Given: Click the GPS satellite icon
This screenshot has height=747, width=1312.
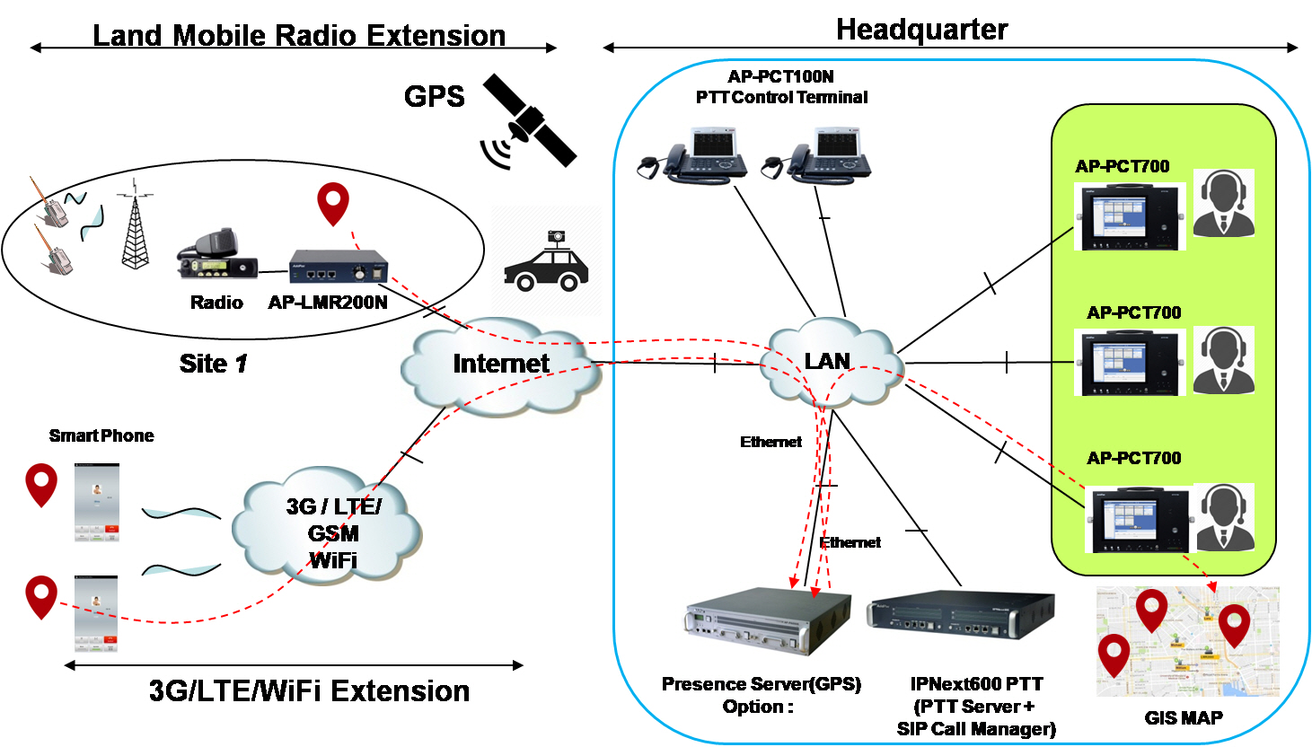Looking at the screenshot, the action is point(529,121).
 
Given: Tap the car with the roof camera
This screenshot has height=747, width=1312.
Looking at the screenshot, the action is point(546,261).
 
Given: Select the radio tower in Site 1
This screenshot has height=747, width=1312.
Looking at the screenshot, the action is point(136,224).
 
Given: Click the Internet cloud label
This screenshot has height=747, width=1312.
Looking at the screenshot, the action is point(501,364).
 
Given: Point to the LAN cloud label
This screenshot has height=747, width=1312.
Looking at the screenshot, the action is point(827,361).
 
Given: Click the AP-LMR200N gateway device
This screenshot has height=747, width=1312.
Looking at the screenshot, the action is point(339,267).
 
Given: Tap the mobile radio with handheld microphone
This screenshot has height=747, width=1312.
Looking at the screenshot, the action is point(216,255).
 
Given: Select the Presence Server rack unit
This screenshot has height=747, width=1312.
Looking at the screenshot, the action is point(767,620).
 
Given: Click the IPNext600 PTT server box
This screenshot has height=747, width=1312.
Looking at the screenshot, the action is point(961,616).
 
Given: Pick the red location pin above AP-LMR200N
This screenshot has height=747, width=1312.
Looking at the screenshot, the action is point(333,204).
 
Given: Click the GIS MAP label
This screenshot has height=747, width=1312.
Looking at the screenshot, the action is point(1184,717).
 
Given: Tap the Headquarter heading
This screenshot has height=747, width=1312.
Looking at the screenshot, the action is point(922,30).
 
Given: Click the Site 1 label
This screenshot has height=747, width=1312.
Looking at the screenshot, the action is point(213,364).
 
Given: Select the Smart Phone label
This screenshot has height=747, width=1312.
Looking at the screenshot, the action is point(101,435).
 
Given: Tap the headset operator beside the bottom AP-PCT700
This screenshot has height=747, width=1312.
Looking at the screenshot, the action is point(1224,517).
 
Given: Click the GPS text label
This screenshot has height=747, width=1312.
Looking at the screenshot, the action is point(434,96).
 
